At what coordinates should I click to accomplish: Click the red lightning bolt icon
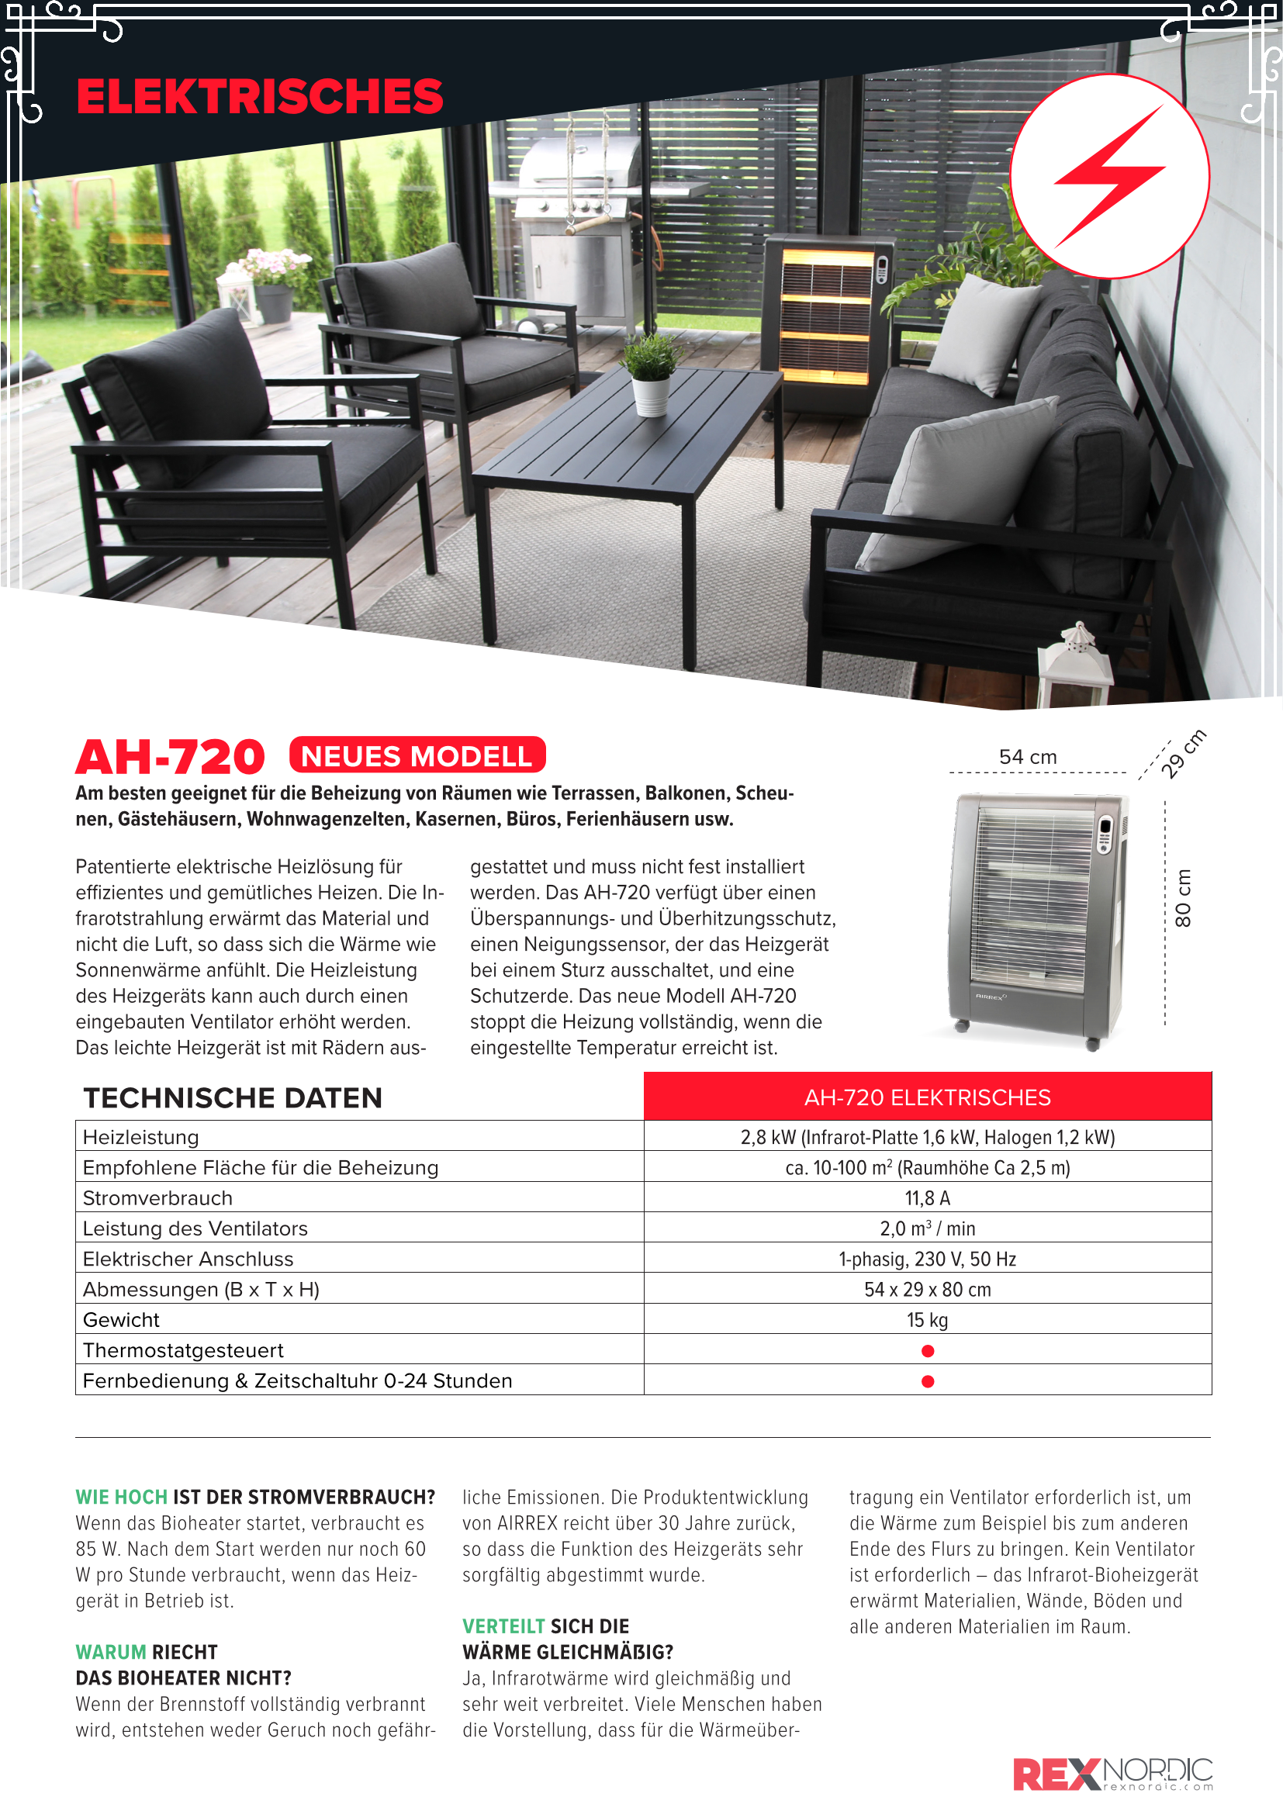click(1109, 175)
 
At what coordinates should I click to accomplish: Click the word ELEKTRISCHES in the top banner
click(259, 96)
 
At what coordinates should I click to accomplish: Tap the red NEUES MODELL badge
click(417, 755)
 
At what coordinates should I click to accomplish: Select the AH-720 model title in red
click(170, 757)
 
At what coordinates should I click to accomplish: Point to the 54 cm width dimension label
click(1027, 757)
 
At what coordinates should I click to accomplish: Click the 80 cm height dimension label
click(1183, 898)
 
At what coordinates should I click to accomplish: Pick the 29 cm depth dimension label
click(1183, 754)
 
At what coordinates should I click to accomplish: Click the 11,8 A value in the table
click(927, 1197)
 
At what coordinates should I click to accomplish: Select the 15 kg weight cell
click(927, 1319)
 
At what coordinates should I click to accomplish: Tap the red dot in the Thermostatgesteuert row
click(928, 1351)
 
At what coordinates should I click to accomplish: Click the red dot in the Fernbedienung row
click(928, 1381)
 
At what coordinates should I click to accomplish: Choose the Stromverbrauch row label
click(158, 1197)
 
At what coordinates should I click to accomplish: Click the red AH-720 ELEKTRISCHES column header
click(927, 1097)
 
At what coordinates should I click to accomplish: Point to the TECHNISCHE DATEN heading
click(233, 1098)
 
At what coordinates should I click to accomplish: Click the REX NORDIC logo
click(1112, 1774)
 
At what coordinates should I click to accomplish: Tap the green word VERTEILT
click(503, 1626)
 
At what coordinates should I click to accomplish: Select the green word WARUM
click(111, 1652)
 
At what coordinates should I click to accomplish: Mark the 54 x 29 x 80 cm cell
click(927, 1290)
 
